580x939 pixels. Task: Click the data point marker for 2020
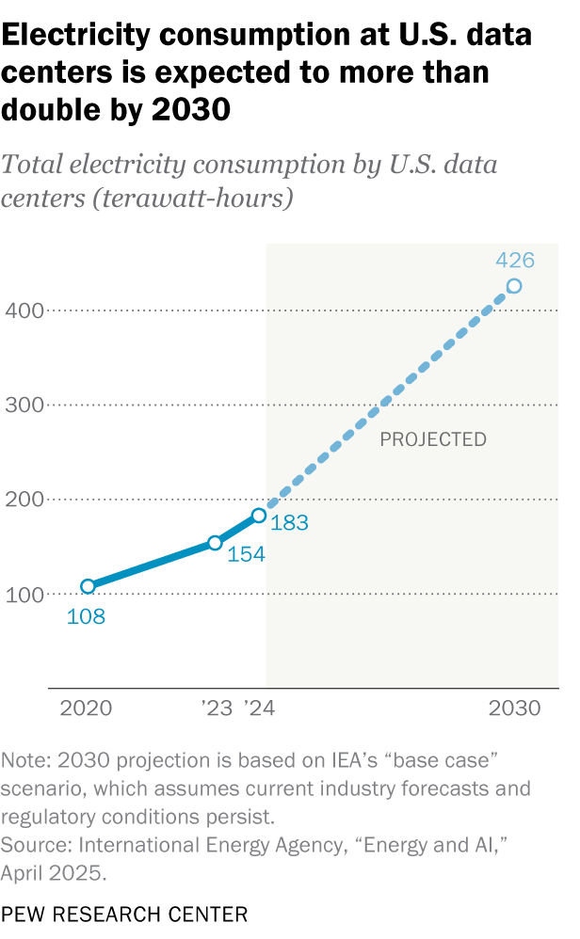coord(88,586)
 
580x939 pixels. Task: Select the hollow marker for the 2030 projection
coord(514,286)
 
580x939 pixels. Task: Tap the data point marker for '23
coord(215,543)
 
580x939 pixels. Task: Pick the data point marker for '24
coord(259,516)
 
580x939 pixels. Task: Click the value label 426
coord(514,261)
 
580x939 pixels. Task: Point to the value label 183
coord(289,523)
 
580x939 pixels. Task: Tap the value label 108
coord(85,618)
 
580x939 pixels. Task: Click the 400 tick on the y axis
coord(22,310)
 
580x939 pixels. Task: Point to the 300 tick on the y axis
coord(22,406)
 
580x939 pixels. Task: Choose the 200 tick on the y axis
coord(22,500)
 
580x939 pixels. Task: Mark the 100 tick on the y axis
coord(22,595)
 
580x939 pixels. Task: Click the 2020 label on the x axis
coord(86,708)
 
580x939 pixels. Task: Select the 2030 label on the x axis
coord(514,708)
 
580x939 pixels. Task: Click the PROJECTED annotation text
coord(433,439)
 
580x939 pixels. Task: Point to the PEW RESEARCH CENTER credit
coord(124,914)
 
